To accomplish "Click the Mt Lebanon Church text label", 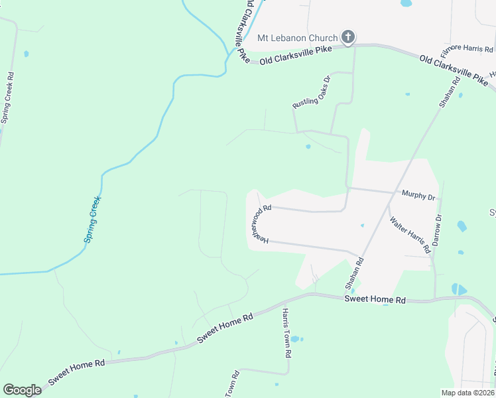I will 297,38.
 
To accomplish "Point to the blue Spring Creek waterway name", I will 92,219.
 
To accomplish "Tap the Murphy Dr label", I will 418,196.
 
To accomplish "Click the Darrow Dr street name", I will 437,230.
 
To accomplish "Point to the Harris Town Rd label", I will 287,334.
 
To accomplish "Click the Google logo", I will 22,390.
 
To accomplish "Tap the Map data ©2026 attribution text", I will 467,392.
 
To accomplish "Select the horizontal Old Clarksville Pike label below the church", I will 295,60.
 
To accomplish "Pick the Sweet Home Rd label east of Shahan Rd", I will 375,300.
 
